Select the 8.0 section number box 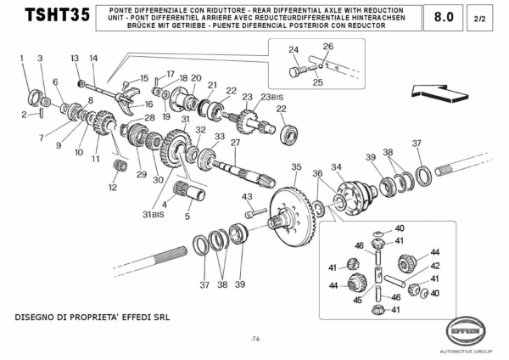click(x=443, y=16)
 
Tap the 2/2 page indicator click(x=480, y=17)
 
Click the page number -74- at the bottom click(x=255, y=339)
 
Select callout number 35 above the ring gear click(x=296, y=166)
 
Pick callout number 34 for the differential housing click(x=337, y=166)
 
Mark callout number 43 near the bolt click(x=248, y=197)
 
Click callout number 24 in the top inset click(x=294, y=50)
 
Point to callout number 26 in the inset click(x=328, y=46)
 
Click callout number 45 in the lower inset click(x=357, y=299)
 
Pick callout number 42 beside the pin click(x=435, y=266)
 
